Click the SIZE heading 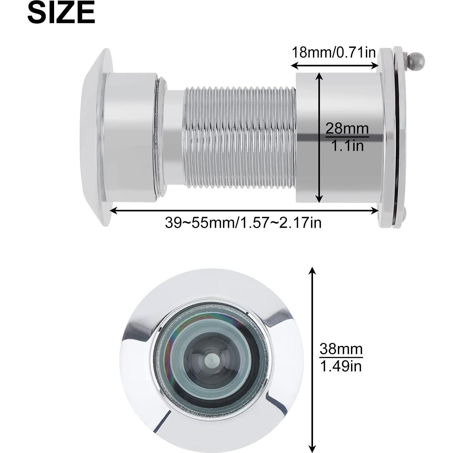point(61,13)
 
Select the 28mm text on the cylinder point(347,129)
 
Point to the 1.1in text point(348,146)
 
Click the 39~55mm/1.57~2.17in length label point(243,223)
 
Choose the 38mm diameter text point(341,349)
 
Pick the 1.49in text point(341,366)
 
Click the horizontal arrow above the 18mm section point(334,65)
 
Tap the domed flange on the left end point(94,137)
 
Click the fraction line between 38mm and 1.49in point(341,357)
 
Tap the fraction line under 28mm point(347,137)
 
